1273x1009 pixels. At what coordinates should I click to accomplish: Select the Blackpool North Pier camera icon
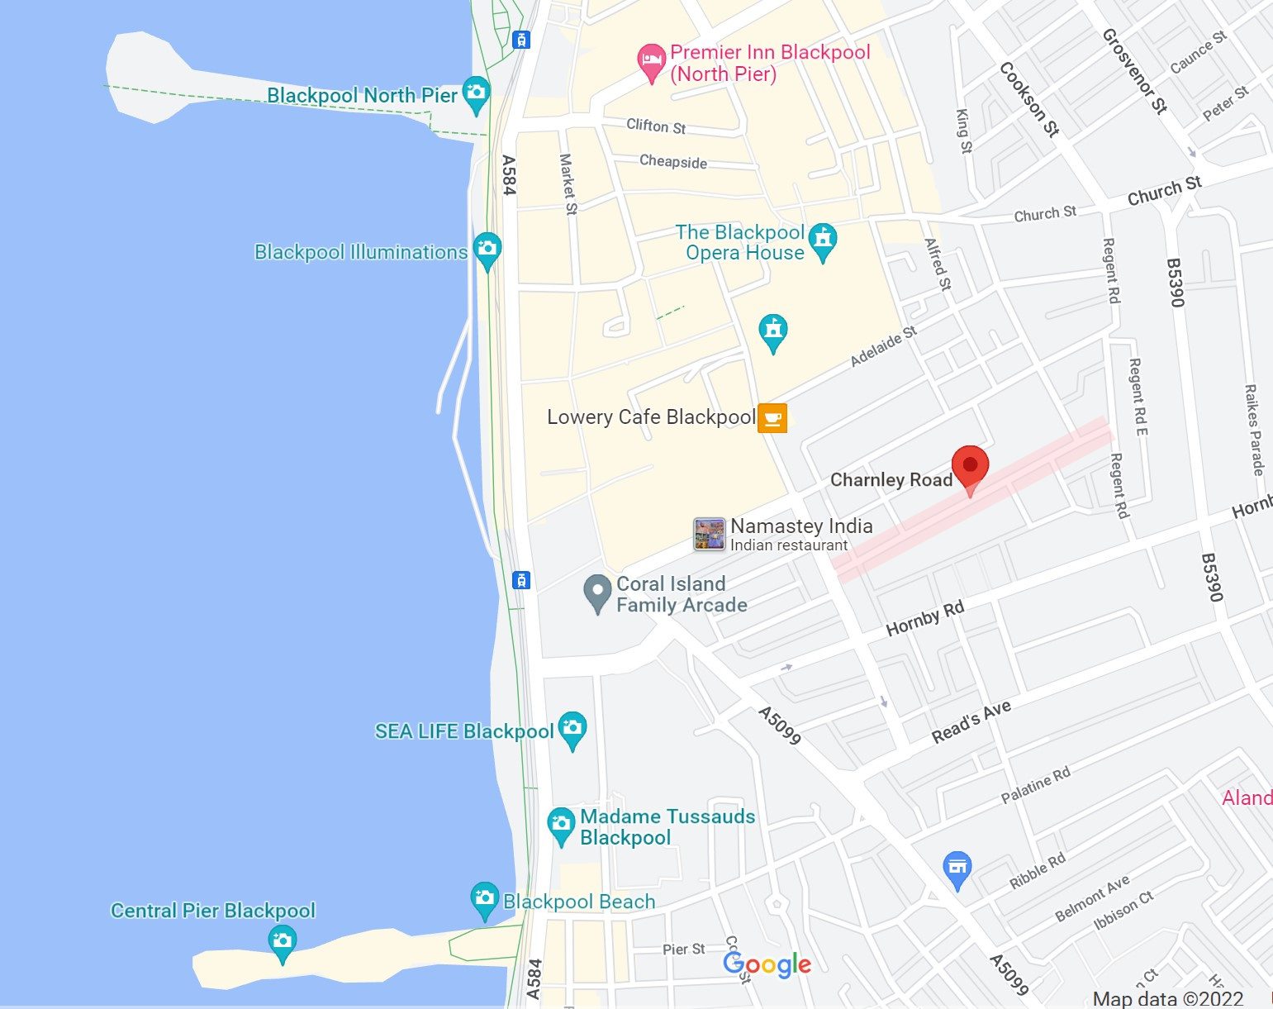tap(477, 93)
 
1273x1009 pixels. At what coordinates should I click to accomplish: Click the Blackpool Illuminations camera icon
tap(487, 248)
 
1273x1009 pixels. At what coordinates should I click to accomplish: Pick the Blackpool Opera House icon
tap(823, 239)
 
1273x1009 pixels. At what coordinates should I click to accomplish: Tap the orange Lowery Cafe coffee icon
tap(772, 417)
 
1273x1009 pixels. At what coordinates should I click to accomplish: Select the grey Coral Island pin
tap(596, 593)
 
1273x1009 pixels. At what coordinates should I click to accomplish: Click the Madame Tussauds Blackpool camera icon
tap(561, 824)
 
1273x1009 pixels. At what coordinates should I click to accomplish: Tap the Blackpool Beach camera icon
tap(484, 899)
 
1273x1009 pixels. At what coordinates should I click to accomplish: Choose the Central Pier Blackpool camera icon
tap(283, 942)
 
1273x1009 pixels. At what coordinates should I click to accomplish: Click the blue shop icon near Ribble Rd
tap(957, 869)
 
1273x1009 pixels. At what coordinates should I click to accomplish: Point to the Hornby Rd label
tap(924, 619)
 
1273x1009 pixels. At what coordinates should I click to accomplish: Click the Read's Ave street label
tap(971, 722)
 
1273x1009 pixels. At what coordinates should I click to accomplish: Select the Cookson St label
tap(1028, 98)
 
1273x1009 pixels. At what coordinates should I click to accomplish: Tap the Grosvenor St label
tap(1134, 70)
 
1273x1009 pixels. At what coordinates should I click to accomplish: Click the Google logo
tap(767, 964)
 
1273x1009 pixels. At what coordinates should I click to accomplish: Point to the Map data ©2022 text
tap(1167, 998)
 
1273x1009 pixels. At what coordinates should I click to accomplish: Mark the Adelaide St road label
tap(883, 346)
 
